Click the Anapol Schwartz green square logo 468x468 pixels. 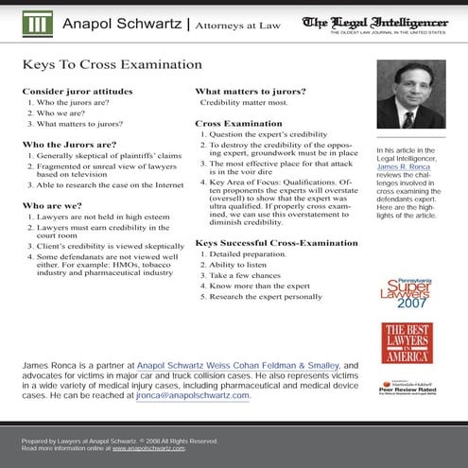[39, 25]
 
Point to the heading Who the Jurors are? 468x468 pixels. [69, 145]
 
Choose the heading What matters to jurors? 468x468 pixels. [251, 91]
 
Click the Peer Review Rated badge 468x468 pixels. [407, 386]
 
